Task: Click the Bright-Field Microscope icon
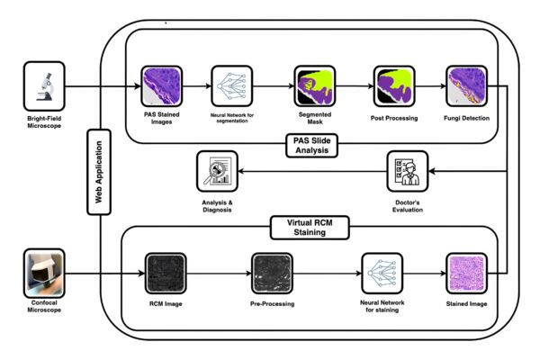tap(44, 86)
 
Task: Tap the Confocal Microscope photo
tap(44, 274)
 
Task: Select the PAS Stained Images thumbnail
tap(161, 86)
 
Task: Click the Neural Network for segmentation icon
tap(232, 86)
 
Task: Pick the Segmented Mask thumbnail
tap(315, 86)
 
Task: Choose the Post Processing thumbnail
tap(394, 86)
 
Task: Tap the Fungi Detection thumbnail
tap(466, 86)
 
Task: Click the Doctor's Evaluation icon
tap(408, 171)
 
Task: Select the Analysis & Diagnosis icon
tap(217, 171)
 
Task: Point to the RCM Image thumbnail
tap(166, 274)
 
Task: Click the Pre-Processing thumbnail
tap(272, 274)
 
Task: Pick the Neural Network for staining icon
tap(382, 274)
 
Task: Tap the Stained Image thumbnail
tap(466, 274)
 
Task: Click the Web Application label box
tap(99, 172)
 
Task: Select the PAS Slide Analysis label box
tap(312, 146)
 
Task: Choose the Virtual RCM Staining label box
tap(310, 228)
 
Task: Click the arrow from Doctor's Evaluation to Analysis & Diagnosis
tap(312, 171)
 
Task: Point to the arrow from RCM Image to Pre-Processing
tap(219, 274)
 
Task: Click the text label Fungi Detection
tap(466, 118)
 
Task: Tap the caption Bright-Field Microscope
tap(44, 122)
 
